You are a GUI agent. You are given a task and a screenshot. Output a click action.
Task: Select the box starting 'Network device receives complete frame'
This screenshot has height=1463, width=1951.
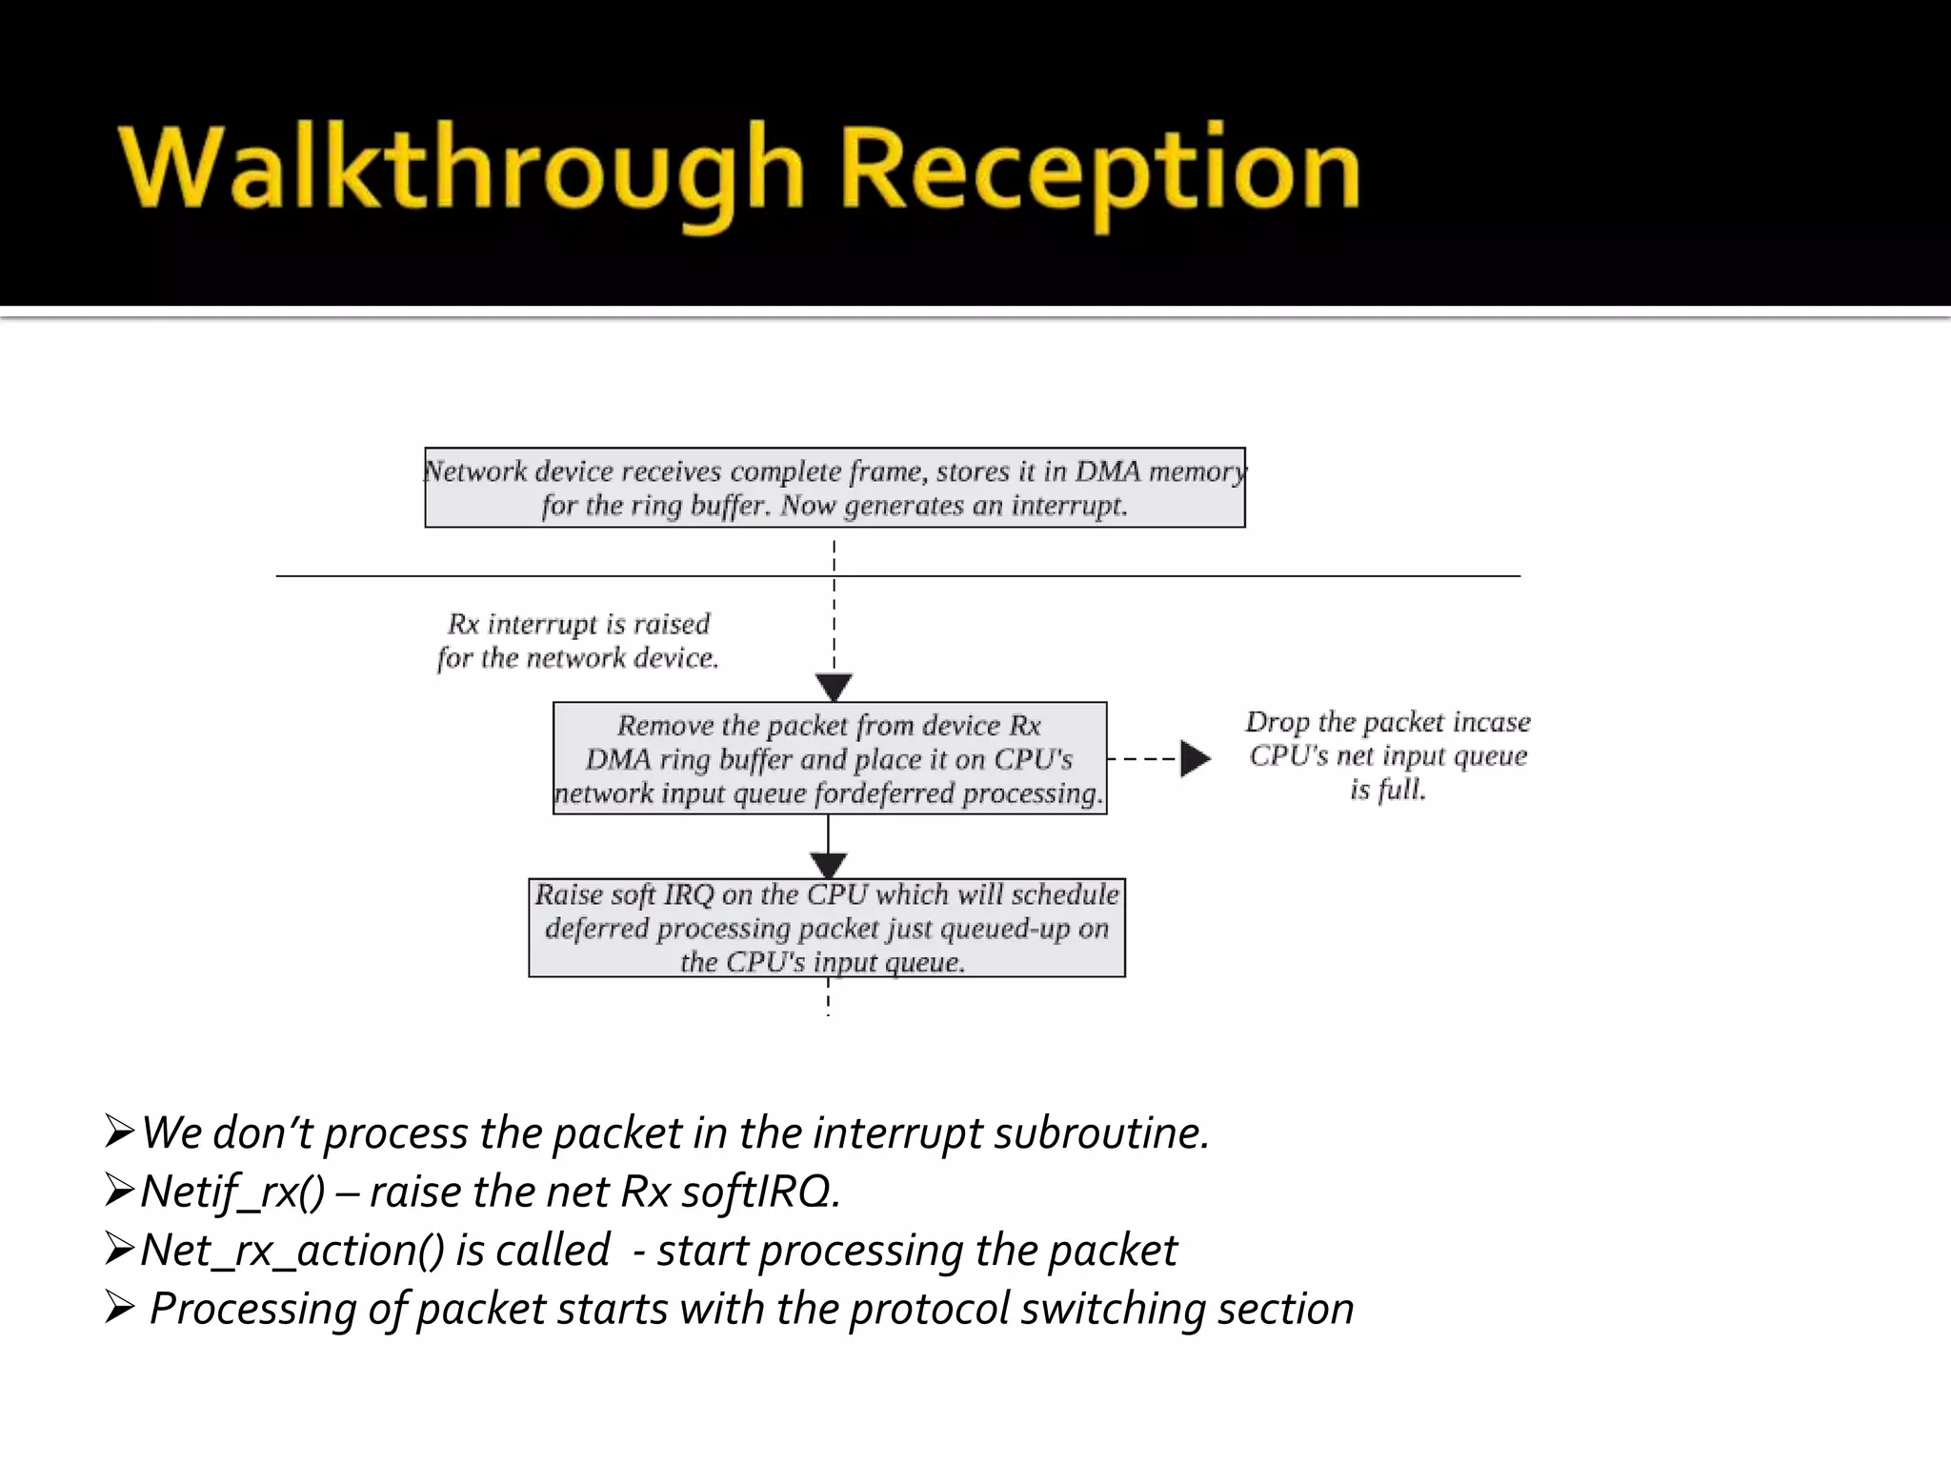pyautogui.click(x=835, y=488)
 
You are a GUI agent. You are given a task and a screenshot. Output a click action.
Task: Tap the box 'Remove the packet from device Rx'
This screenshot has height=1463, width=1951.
pyautogui.click(x=829, y=758)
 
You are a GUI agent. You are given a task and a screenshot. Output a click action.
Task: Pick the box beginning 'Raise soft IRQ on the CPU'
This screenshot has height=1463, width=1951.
pyautogui.click(x=827, y=928)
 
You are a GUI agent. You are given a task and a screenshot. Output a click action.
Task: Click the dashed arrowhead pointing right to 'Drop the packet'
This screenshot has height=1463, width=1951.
pyautogui.click(x=1195, y=759)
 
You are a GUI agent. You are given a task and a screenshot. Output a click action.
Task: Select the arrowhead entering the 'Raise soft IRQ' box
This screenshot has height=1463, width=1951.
pyautogui.click(x=828, y=865)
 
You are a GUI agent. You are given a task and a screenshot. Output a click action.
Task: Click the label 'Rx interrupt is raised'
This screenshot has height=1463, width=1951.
pyautogui.click(x=578, y=624)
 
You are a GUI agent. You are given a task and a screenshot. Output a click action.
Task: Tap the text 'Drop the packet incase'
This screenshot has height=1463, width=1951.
pyautogui.click(x=1388, y=722)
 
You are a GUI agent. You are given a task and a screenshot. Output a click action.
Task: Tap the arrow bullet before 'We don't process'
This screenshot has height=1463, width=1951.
pyautogui.click(x=120, y=1132)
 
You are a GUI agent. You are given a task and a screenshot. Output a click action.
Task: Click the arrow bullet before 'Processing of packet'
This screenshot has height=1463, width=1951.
pyautogui.click(x=120, y=1308)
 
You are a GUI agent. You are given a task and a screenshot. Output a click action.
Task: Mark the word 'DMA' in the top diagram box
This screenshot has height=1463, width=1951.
pyautogui.click(x=1108, y=471)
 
